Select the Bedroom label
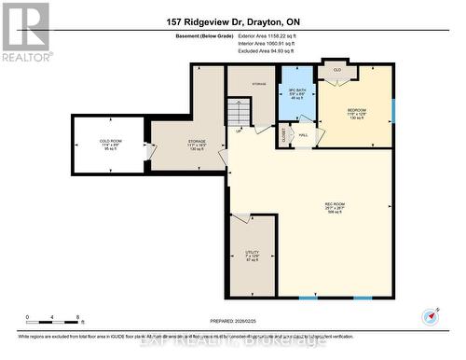click(x=357, y=113)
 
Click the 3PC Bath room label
click(x=296, y=93)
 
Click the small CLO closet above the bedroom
click(x=336, y=70)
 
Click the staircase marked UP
click(x=240, y=115)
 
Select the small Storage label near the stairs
click(x=259, y=85)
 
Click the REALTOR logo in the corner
click(x=25, y=30)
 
